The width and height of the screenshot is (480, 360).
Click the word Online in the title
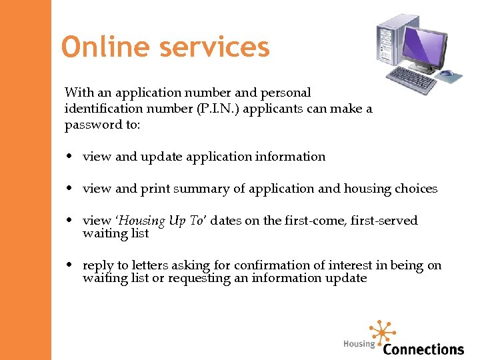click(x=101, y=47)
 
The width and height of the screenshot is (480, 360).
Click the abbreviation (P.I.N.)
click(x=217, y=109)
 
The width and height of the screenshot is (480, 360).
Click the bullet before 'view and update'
click(x=70, y=157)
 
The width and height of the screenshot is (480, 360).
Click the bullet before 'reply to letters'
click(x=70, y=266)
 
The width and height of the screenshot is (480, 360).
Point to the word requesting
click(x=199, y=278)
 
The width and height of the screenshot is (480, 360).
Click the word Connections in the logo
click(x=423, y=349)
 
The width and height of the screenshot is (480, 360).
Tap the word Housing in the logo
click(x=359, y=344)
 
